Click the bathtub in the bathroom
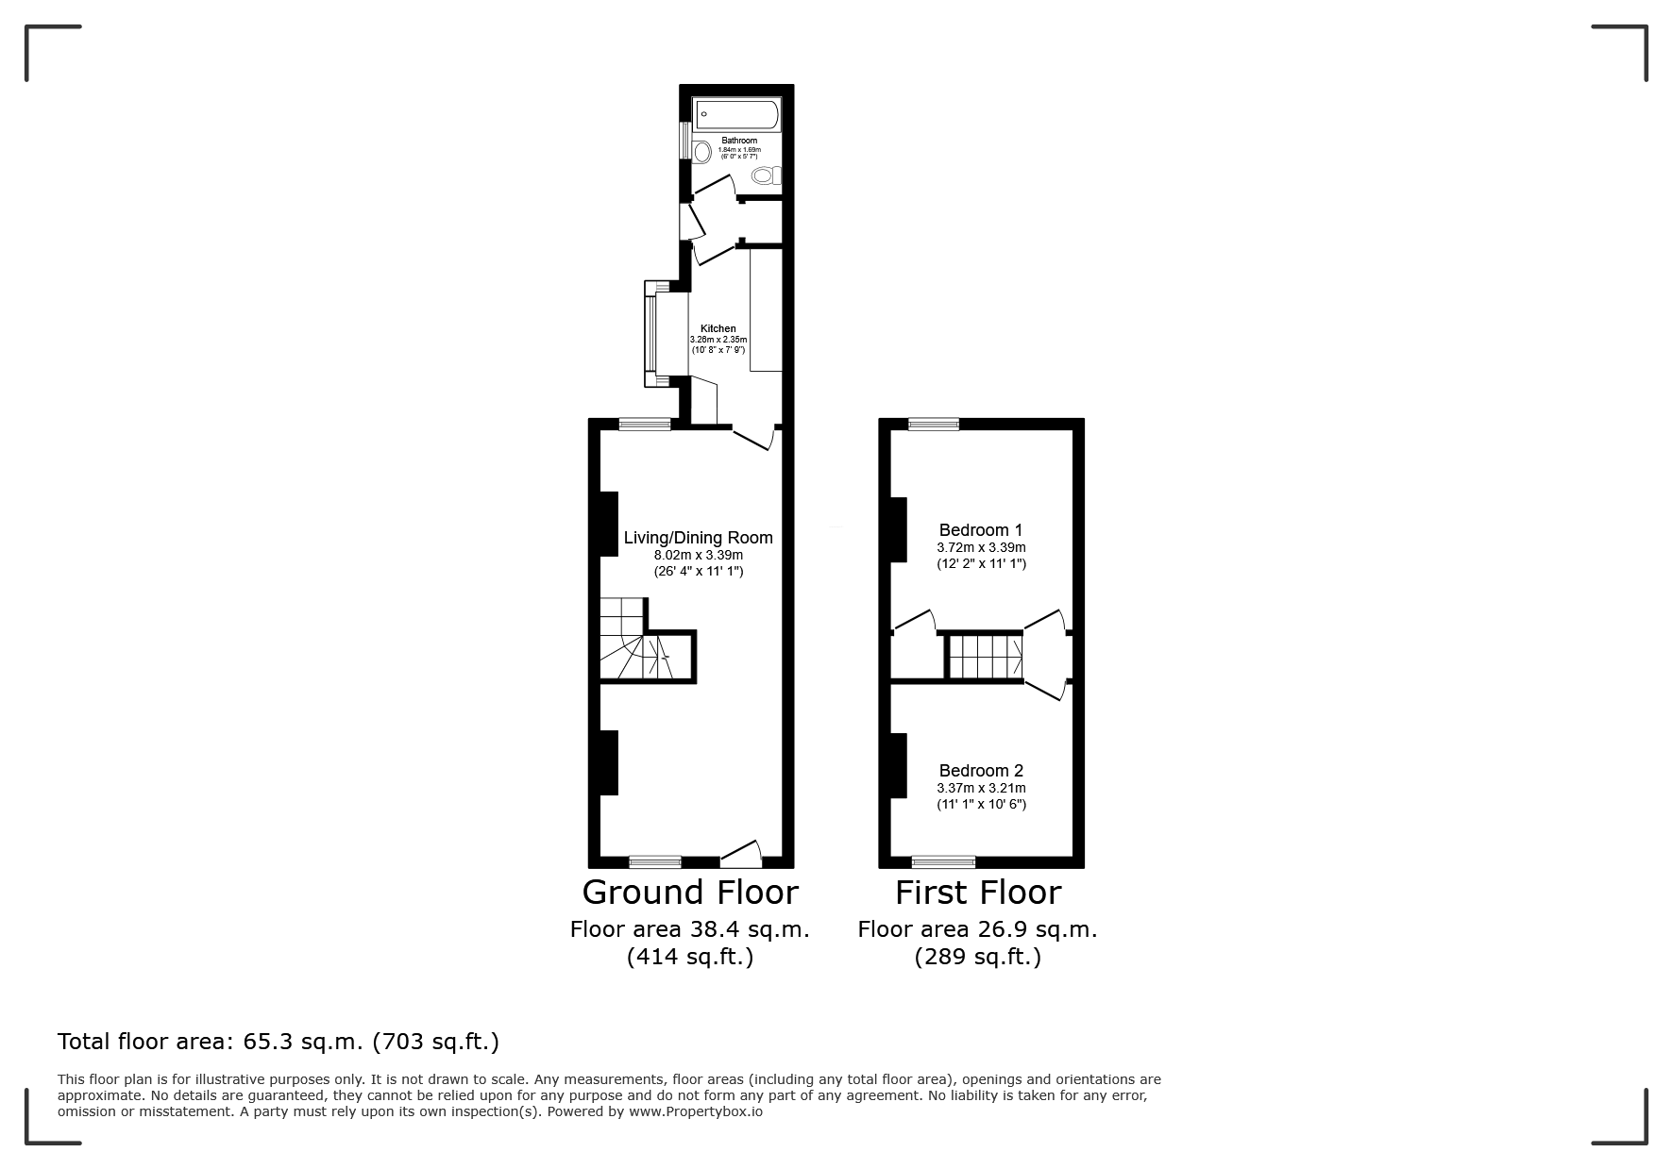737,115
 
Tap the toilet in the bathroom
768,175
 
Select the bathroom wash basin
701,152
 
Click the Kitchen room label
718,328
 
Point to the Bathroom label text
739,141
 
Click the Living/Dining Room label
699,538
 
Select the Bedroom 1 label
981,530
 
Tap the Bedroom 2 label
981,771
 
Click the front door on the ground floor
741,855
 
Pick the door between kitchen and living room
753,437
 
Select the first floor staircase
986,656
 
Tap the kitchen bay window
656,334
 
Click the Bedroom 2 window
943,861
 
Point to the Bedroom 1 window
934,425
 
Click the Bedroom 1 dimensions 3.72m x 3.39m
981,547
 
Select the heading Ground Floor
690,893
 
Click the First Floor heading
978,893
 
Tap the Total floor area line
279,1042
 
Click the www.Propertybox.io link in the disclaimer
696,1111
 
